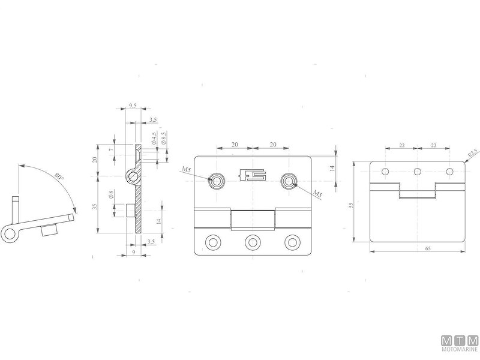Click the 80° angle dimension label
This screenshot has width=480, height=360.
[58, 178]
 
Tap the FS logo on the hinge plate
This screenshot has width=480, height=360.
[251, 176]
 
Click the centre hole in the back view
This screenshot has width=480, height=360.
[417, 172]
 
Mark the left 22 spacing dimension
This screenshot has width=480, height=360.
[401, 145]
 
